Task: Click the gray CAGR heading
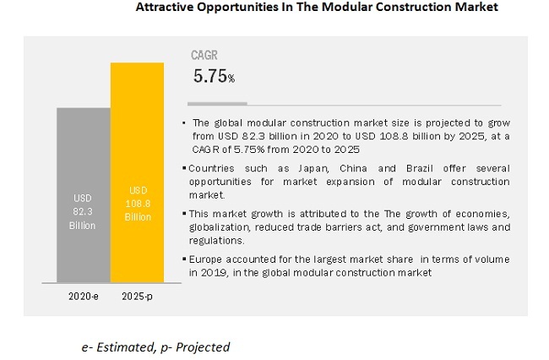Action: [204, 56]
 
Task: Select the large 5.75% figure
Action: [214, 76]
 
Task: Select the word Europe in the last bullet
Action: [209, 260]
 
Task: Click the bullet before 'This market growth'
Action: [185, 215]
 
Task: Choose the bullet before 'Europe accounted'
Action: [185, 260]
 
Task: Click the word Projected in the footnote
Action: [201, 346]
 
